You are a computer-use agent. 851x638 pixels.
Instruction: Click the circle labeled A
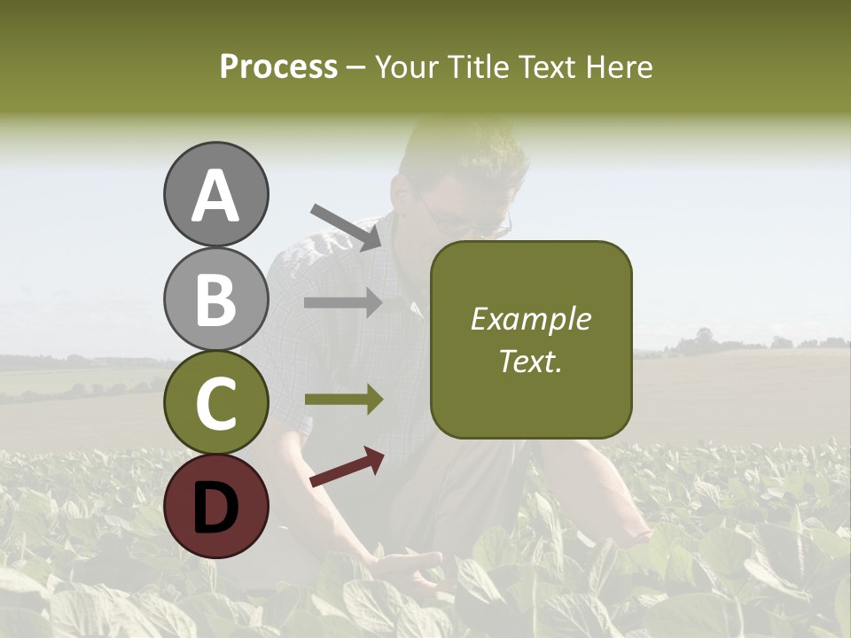[215, 194]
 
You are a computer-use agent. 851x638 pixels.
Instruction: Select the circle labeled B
[215, 299]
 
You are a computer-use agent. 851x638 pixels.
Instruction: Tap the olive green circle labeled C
[215, 402]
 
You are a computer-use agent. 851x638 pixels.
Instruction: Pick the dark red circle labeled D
[215, 506]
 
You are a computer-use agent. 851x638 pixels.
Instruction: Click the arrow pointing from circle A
[346, 227]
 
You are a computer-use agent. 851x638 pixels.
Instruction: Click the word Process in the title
[278, 66]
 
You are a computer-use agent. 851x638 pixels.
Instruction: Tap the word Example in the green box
[530, 320]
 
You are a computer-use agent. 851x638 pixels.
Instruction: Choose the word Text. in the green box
[530, 361]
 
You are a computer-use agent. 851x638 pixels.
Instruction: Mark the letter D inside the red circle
[215, 507]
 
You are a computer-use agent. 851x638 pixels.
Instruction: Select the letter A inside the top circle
[215, 195]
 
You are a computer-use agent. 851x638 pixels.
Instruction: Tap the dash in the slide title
[355, 67]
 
